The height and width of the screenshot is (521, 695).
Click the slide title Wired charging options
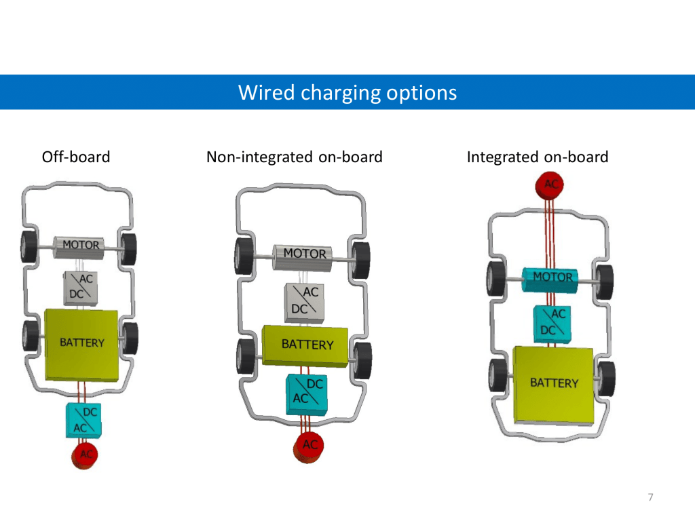[347, 92]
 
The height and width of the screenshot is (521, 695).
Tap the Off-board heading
[76, 157]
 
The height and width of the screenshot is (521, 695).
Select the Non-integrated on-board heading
[294, 157]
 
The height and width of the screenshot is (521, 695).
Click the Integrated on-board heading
[537, 157]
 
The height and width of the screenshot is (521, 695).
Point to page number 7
[651, 498]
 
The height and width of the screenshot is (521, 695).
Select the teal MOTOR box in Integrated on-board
[552, 279]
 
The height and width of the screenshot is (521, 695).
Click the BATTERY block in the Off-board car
[81, 343]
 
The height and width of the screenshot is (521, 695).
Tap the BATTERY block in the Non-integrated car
[307, 345]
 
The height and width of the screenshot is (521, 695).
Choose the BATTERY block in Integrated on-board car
[553, 384]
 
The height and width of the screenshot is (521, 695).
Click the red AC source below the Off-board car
[85, 455]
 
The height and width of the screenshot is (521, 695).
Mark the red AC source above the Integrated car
[549, 184]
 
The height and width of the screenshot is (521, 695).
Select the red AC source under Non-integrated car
[309, 446]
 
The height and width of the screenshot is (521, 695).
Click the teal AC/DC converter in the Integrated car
[552, 323]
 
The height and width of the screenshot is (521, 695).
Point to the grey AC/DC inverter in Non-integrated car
[305, 301]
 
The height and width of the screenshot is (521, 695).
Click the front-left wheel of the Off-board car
[28, 247]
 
